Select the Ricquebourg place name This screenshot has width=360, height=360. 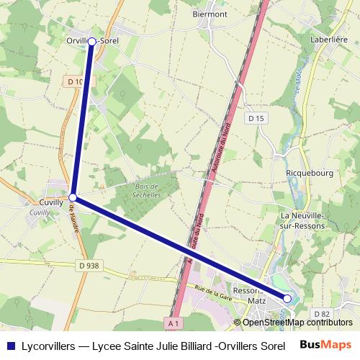click(x=307, y=174)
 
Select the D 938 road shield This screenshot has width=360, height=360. click(x=89, y=265)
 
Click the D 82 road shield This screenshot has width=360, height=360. click(x=321, y=314)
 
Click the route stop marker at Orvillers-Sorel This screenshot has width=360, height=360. click(x=92, y=42)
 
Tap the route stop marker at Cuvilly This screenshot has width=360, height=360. click(x=73, y=196)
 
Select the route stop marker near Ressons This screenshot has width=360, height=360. click(x=287, y=298)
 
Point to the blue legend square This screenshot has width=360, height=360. click(x=10, y=344)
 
